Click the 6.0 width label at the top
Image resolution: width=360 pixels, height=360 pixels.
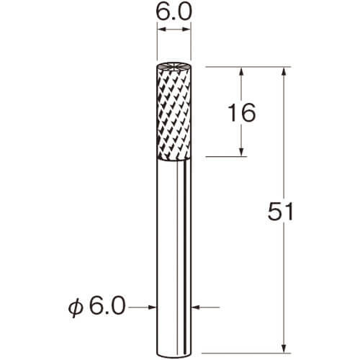[174, 12]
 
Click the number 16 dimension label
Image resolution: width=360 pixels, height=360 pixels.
[241, 112]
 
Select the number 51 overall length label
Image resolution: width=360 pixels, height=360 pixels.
[280, 211]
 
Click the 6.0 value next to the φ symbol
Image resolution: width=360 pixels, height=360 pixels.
[107, 306]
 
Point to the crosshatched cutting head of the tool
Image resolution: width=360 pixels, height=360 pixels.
[174, 114]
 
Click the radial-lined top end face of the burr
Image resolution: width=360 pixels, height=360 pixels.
[174, 67]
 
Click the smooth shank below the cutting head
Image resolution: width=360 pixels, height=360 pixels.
[174, 257]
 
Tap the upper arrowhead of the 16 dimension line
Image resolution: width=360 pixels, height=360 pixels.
[242, 71]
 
